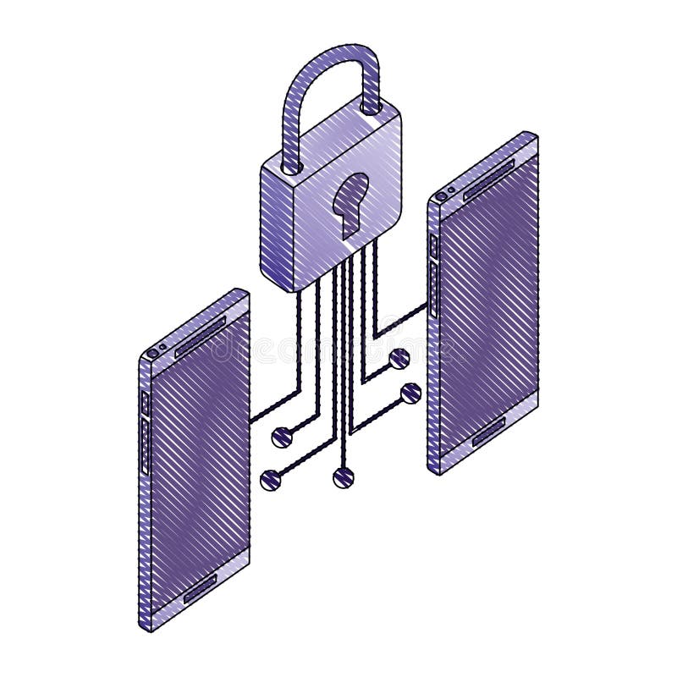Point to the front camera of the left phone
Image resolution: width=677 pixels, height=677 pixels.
[x=152, y=352]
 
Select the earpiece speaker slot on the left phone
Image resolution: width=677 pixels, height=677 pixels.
[x=200, y=337]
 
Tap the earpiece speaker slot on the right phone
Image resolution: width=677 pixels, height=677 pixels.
[x=488, y=180]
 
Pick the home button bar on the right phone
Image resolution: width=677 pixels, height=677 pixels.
[x=489, y=436]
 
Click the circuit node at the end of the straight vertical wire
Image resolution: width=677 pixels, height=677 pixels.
[x=342, y=478]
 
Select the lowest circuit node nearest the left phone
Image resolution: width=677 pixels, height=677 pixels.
[x=271, y=480]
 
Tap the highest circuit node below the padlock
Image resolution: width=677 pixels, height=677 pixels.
[x=399, y=359]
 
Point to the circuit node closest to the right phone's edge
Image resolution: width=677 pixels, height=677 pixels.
[x=411, y=393]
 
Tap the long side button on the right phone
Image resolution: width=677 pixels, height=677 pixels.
[x=433, y=288]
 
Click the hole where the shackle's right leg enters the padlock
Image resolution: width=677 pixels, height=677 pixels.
[x=371, y=107]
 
